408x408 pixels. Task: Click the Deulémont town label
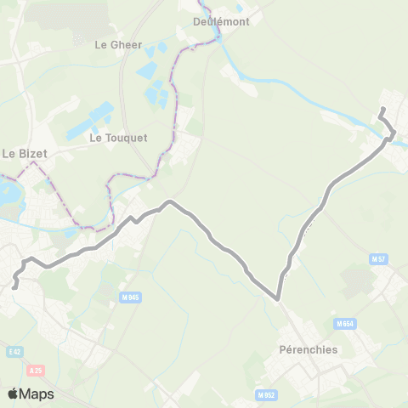pyautogui.click(x=220, y=22)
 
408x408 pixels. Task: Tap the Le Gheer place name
pyautogui.click(x=117, y=44)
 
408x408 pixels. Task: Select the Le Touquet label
pyautogui.click(x=118, y=137)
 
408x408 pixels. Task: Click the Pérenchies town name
pyautogui.click(x=308, y=349)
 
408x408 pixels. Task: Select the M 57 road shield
pyautogui.click(x=378, y=258)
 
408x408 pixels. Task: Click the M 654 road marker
pyautogui.click(x=344, y=323)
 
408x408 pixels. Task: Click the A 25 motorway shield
pyautogui.click(x=35, y=370)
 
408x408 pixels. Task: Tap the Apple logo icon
pyautogui.click(x=13, y=394)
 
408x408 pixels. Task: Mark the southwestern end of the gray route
pyautogui.click(x=14, y=287)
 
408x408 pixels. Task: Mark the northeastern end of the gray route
pyautogui.click(x=382, y=109)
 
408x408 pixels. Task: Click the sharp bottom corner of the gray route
pyautogui.click(x=278, y=297)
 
